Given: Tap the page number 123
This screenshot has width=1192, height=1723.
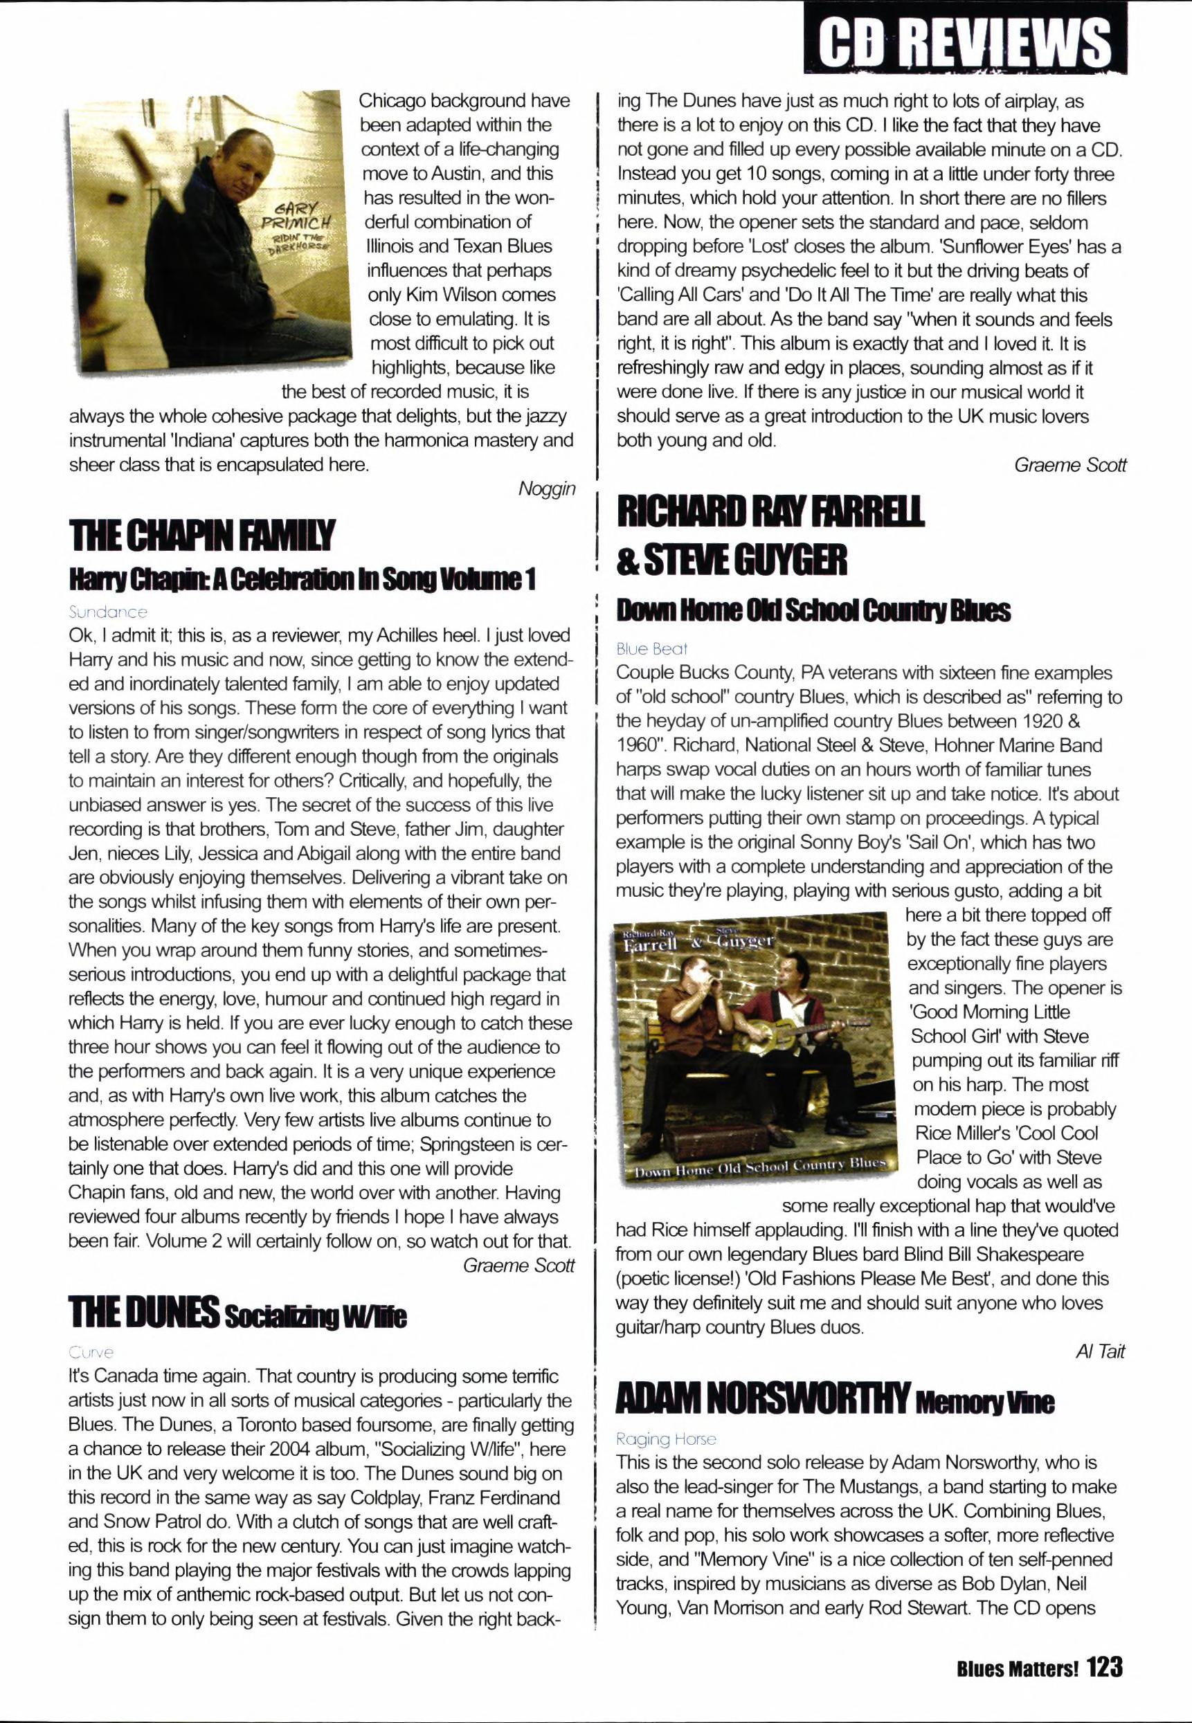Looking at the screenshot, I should click(1105, 1668).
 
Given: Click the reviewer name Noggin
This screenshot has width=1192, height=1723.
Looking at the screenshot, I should click(547, 489).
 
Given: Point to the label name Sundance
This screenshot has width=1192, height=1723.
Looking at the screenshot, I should click(107, 612).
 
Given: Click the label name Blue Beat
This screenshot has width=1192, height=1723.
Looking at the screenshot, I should click(651, 649).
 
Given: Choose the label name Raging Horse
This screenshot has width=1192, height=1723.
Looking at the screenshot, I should click(665, 1439).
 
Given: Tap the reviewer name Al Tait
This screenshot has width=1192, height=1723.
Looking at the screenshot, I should click(1100, 1351).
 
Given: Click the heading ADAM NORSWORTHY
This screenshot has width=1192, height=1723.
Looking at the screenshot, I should click(762, 1398).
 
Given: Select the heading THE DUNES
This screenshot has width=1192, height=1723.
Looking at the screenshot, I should click(143, 1313).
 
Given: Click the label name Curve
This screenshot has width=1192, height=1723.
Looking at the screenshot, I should click(91, 1352).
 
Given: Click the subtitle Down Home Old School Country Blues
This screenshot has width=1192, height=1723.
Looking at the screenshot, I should click(813, 612).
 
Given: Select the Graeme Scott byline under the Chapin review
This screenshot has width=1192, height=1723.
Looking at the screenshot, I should click(518, 1266).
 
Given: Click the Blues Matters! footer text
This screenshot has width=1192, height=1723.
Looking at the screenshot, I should click(1018, 1669).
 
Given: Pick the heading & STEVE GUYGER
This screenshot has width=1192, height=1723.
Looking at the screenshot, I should click(732, 560).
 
